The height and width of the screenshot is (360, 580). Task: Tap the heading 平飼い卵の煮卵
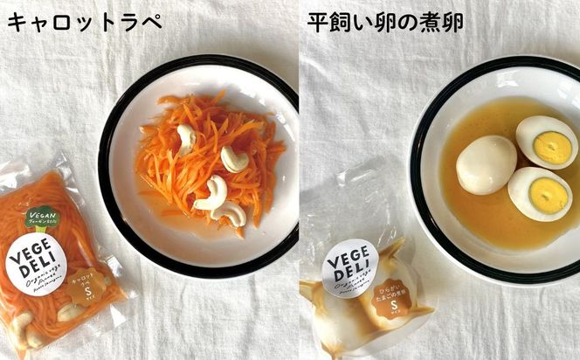point(385,22)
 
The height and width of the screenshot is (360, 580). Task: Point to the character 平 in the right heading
point(319,22)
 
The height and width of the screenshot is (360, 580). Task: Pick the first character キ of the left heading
point(17,22)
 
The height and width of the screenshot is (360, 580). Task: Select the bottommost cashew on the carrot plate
point(230,213)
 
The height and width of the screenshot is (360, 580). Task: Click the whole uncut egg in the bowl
point(486,164)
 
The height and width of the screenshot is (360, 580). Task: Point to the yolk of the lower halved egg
point(546,196)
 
